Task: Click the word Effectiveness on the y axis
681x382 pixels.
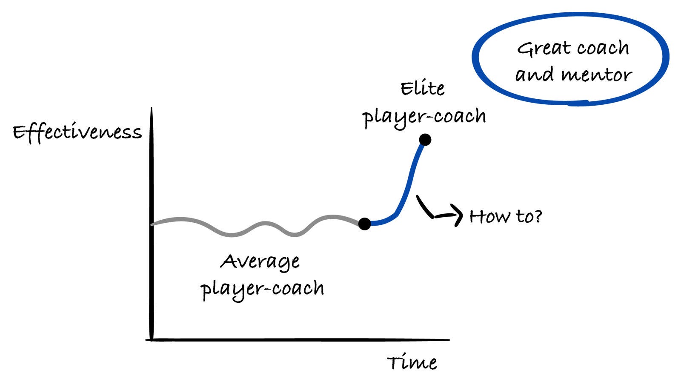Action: (77, 132)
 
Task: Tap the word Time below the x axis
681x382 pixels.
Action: (412, 362)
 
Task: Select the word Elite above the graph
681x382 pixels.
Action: (423, 89)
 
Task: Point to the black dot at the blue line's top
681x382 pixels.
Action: (425, 140)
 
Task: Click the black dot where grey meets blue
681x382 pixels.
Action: (364, 224)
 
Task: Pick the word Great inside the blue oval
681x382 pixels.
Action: (544, 49)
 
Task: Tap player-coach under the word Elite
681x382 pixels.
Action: (424, 118)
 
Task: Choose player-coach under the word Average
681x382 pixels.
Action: (262, 290)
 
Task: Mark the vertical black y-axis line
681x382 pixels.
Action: (152, 224)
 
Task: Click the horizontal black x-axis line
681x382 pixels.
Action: (298, 340)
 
